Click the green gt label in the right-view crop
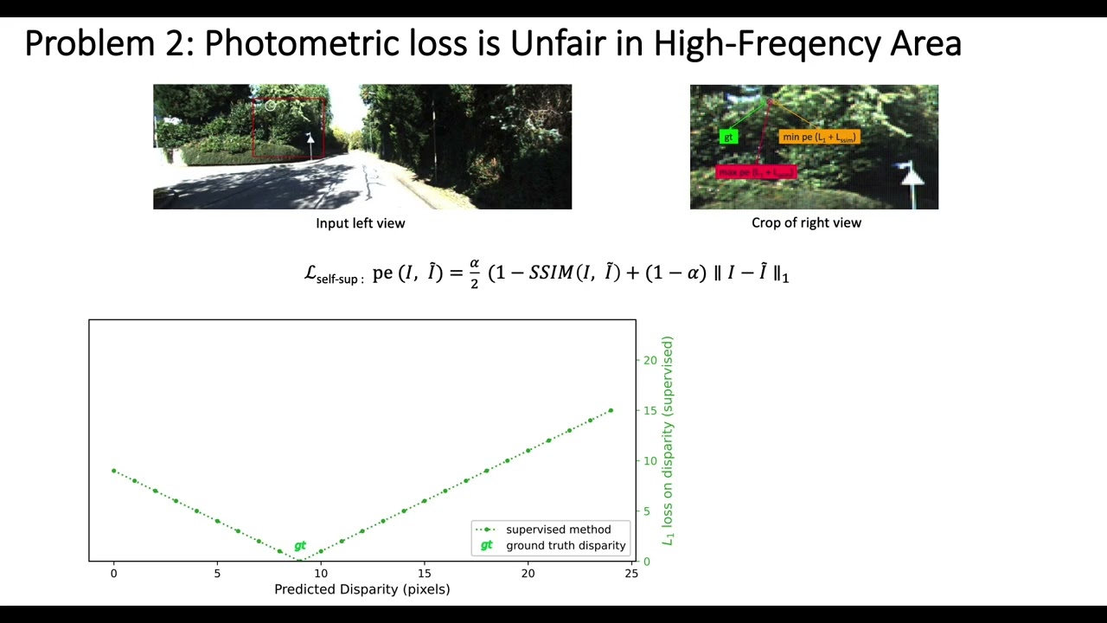click(x=728, y=137)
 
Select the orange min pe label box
click(x=819, y=137)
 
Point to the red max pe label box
click(x=755, y=172)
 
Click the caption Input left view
click(x=360, y=223)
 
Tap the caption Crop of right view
click(x=806, y=223)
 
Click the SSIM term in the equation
click(x=550, y=273)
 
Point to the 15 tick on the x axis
click(x=425, y=573)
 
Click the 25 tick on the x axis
click(x=631, y=573)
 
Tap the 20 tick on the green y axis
click(x=650, y=360)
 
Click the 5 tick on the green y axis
click(x=648, y=511)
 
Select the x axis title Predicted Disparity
click(x=362, y=589)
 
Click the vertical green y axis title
click(x=667, y=440)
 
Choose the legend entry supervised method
click(x=558, y=530)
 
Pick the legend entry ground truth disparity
click(x=566, y=545)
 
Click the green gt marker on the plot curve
click(x=300, y=546)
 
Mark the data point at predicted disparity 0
click(x=114, y=471)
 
